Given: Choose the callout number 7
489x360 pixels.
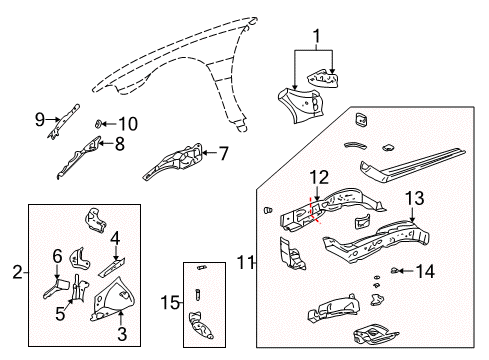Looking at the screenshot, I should click(x=224, y=154).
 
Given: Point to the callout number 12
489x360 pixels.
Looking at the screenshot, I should click(x=318, y=179).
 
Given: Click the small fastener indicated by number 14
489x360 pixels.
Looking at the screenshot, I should click(x=397, y=269).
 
